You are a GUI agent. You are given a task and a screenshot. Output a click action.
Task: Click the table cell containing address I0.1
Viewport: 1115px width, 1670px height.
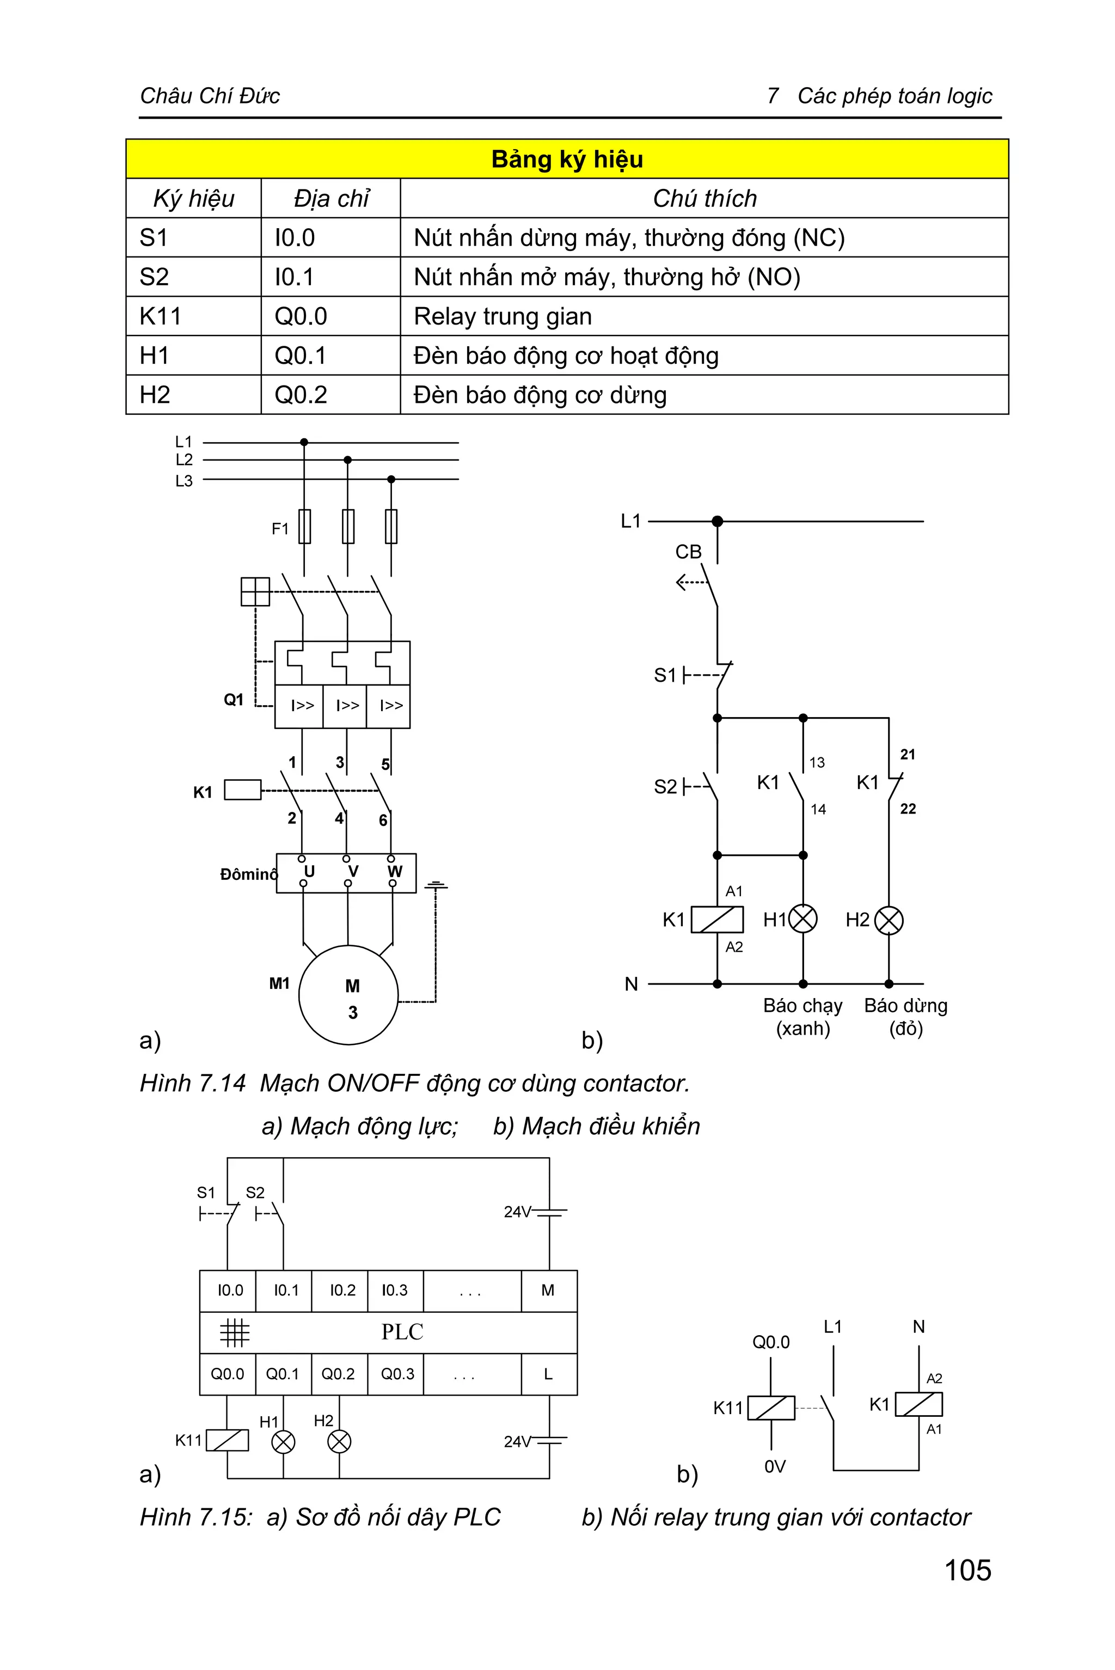pyautogui.click(x=330, y=277)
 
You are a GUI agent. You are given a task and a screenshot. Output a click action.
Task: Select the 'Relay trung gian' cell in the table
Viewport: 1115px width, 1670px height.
pyautogui.click(x=502, y=316)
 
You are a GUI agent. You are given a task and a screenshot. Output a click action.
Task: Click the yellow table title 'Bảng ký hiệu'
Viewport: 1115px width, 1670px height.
pyautogui.click(x=567, y=158)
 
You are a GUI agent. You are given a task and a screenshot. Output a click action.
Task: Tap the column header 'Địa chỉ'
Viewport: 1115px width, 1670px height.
pyautogui.click(x=330, y=198)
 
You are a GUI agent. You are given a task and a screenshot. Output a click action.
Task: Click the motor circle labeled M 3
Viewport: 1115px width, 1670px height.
pyautogui.click(x=348, y=995)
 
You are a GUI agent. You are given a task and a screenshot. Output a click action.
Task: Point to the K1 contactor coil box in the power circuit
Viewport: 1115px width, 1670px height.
pyautogui.click(x=242, y=790)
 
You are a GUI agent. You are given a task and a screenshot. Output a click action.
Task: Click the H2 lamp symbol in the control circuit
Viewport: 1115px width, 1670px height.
pyautogui.click(x=888, y=920)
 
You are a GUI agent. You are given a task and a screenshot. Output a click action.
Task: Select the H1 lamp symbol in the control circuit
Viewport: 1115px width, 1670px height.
pyautogui.click(x=803, y=919)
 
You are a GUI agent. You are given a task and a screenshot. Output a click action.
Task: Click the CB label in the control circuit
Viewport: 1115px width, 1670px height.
pyautogui.click(x=688, y=552)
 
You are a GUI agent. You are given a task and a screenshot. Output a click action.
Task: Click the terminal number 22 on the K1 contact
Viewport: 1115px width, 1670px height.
pyautogui.click(x=908, y=809)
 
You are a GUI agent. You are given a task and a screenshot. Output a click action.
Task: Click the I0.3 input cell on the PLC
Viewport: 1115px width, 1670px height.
pyautogui.click(x=395, y=1290)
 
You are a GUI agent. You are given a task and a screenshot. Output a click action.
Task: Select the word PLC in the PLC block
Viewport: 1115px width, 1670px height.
pyautogui.click(x=402, y=1331)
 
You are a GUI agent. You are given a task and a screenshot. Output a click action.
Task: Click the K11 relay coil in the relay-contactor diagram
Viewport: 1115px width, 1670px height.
pyautogui.click(x=771, y=1408)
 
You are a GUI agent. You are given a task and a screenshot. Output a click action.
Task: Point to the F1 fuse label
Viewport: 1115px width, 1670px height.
pyautogui.click(x=279, y=529)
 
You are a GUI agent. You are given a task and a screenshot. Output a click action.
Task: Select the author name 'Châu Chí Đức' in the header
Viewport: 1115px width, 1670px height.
pyautogui.click(x=210, y=95)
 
